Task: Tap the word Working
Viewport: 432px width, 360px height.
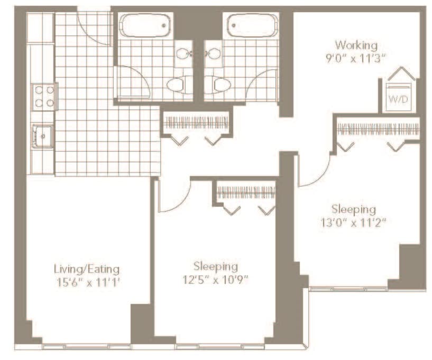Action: point(356,45)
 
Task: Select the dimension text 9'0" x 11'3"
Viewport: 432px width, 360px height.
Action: point(355,58)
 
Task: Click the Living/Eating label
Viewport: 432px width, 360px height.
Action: point(87,269)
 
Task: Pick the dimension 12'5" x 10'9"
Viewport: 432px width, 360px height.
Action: point(216,280)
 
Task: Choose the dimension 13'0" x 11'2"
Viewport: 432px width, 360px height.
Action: point(353,222)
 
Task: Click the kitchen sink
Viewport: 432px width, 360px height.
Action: point(42,136)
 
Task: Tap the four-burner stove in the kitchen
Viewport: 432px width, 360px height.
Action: point(44,97)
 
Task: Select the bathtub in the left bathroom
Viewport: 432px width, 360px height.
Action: point(145,25)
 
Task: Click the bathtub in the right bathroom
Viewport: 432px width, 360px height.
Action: point(252,25)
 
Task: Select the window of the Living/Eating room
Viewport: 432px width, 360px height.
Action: point(86,346)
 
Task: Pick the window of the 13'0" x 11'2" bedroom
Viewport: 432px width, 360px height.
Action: point(348,289)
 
